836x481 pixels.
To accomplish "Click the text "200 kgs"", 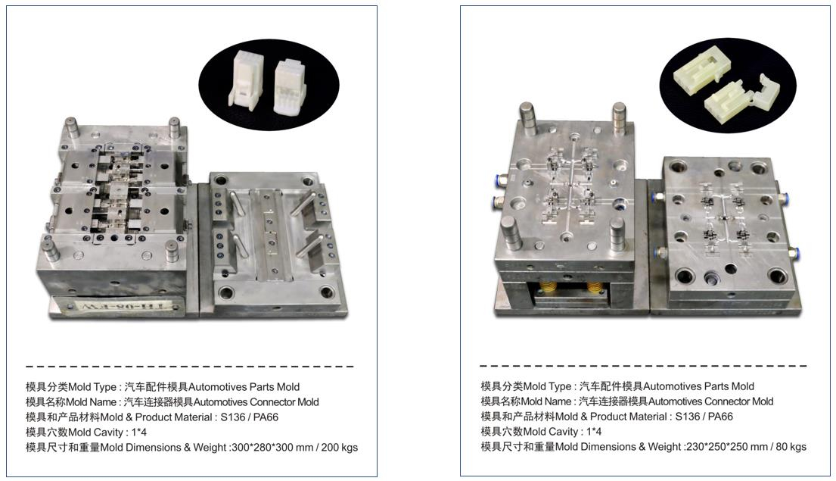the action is click(340, 448).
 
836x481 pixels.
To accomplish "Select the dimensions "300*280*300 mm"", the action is click(272, 448).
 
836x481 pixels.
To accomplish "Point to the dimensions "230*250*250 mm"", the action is click(727, 447).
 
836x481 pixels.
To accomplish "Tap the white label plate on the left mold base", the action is click(117, 307).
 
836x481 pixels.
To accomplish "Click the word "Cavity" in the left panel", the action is click(107, 433).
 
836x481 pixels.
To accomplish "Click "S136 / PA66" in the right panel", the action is click(704, 417).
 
